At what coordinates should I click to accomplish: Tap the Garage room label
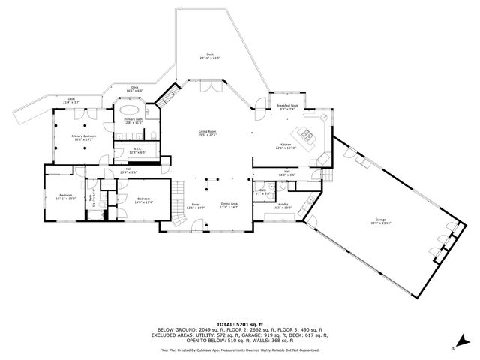[380, 222]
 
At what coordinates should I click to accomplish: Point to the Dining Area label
[229, 206]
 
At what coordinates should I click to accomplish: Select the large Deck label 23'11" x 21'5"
[211, 57]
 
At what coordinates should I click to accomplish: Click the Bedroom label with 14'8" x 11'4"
[143, 200]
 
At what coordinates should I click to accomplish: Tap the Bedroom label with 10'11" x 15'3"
[66, 197]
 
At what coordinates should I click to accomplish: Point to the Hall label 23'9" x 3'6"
[128, 171]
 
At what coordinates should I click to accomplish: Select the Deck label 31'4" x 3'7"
[71, 100]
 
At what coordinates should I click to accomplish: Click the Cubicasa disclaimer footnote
[239, 349]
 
